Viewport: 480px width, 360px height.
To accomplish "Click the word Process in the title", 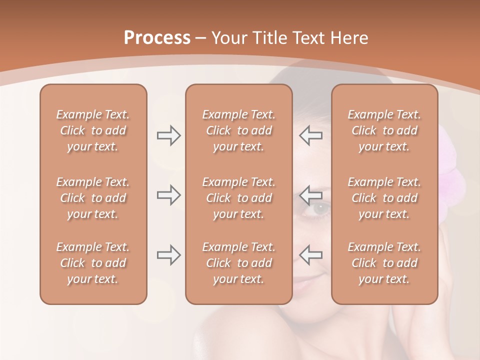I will coord(157,38).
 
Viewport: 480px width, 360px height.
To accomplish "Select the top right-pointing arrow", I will coord(168,135).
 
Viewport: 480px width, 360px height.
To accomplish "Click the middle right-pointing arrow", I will coord(168,195).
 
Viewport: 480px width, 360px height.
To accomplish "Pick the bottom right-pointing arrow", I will coord(168,255).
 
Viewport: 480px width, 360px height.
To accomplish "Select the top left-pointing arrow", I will coord(311,135).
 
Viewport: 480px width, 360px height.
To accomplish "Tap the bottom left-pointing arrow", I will coord(311,255).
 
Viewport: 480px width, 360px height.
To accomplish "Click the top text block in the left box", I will coord(93,130).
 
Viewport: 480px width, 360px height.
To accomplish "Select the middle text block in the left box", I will coord(93,198).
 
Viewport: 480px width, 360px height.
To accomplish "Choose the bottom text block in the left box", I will coord(93,263).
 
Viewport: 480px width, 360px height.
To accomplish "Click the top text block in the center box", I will coord(238,130).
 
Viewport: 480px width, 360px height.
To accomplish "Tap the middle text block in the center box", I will coord(238,198).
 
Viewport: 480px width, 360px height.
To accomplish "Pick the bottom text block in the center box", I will coord(238,263).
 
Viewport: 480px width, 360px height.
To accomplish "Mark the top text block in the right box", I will coord(384,130).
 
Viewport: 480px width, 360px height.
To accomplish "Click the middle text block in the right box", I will coord(384,198).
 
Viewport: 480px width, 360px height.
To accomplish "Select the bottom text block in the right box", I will coord(384,263).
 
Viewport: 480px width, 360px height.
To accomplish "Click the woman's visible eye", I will coord(318,208).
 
